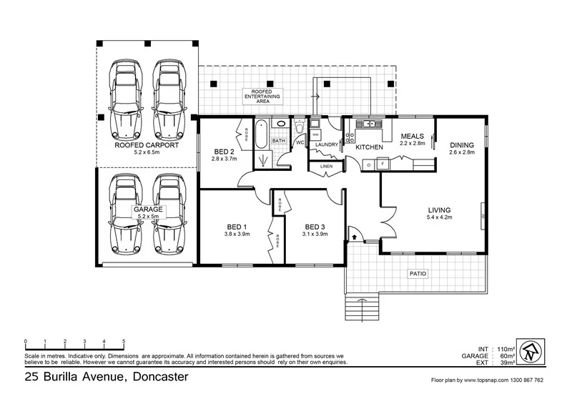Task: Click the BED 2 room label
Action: (x=224, y=152)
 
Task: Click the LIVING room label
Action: (x=440, y=210)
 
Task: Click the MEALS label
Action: (x=413, y=136)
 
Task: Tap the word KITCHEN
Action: (x=370, y=147)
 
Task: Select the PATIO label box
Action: (x=418, y=273)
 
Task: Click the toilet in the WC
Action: (x=300, y=129)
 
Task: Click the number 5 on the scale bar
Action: (x=124, y=341)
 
